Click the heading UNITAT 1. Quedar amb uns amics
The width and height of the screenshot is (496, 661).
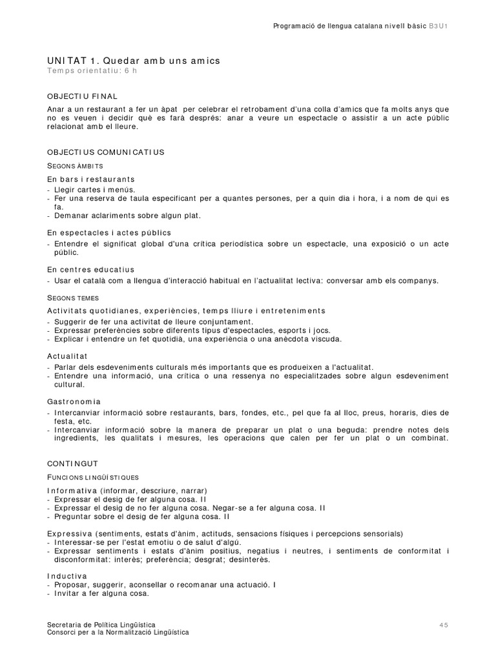[134, 60]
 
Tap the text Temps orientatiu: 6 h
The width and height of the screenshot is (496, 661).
[92, 70]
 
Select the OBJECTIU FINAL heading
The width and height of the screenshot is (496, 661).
[82, 96]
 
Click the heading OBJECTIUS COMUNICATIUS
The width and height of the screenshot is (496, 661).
[106, 152]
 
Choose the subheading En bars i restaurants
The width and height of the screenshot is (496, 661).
[91, 178]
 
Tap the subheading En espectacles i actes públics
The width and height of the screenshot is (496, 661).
[109, 232]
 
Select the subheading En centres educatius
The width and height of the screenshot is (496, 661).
[91, 269]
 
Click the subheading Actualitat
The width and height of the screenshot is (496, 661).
[67, 356]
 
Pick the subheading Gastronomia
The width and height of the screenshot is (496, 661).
[74, 401]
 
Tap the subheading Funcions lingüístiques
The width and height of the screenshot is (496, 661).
[93, 478]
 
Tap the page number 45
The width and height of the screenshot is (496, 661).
[443, 625]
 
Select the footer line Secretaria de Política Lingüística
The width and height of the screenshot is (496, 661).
[101, 625]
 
